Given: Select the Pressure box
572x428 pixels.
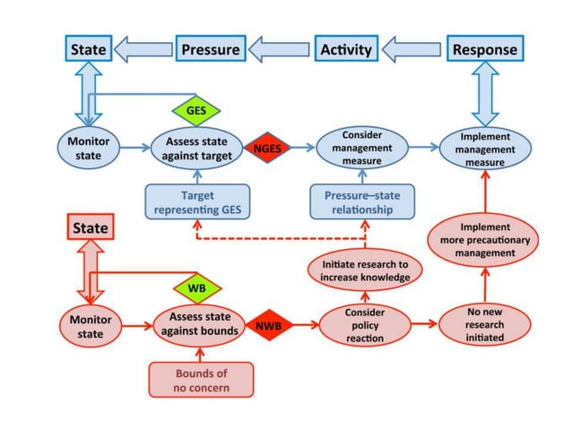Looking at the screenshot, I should (210, 49).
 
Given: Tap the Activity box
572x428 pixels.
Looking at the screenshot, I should (346, 49).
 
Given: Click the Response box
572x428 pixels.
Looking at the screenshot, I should (484, 49).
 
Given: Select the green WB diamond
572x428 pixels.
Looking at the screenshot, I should (195, 288).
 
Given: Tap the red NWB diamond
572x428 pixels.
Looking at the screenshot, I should (268, 326).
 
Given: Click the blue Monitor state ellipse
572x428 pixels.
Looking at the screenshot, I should (88, 149).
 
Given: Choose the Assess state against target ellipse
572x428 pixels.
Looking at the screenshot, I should (196, 149).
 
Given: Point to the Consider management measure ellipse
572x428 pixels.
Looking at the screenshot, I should (362, 148).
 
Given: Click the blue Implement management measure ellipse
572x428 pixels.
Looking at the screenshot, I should (484, 150).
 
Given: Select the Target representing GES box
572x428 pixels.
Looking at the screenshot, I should (196, 202).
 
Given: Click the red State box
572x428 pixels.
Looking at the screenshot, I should (89, 228).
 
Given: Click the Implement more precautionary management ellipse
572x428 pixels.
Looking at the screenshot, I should (484, 240).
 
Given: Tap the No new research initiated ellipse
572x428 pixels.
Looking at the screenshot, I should (484, 324).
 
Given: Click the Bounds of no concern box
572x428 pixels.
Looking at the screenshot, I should (202, 380).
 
